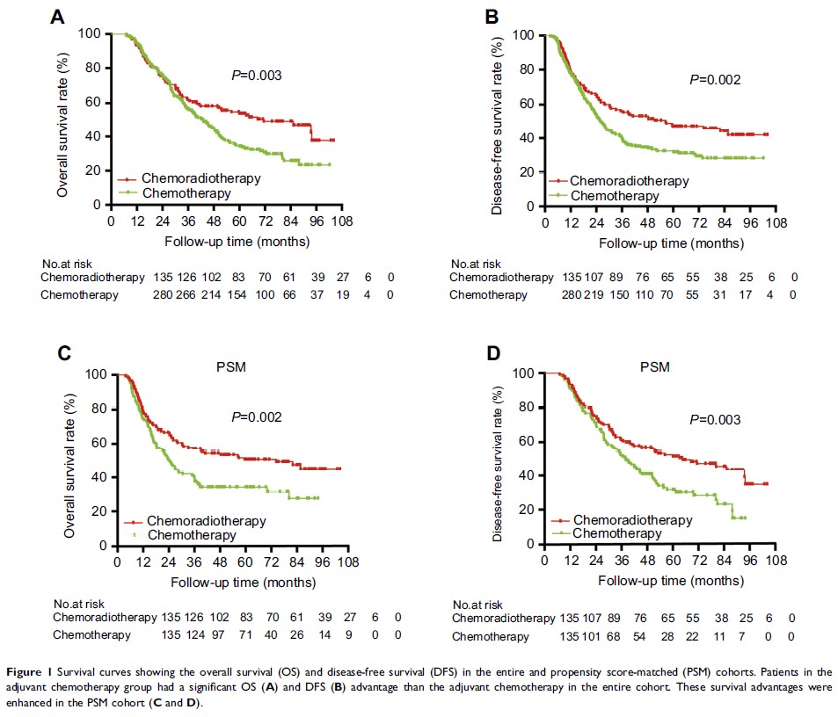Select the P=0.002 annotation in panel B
coord(715,79)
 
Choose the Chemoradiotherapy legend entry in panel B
coord(629,181)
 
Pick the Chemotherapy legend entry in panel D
coord(616,533)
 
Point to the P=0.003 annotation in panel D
coord(715,420)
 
